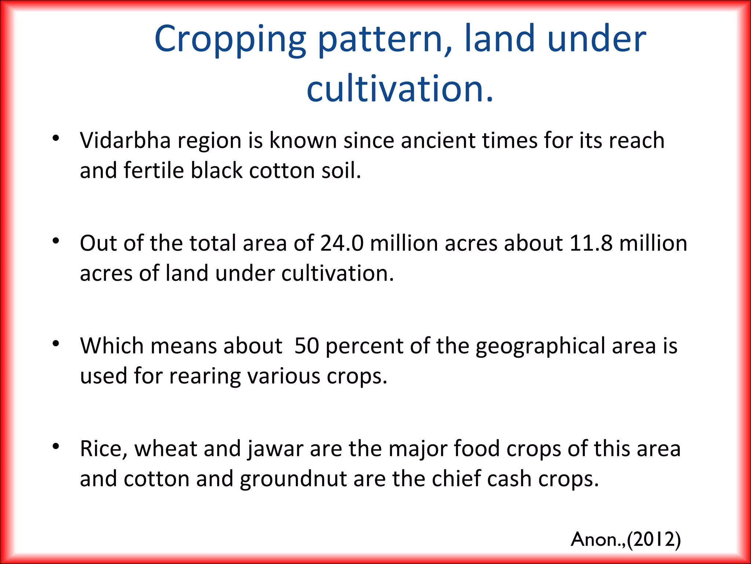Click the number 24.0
(342, 243)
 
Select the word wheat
(166, 449)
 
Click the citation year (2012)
(654, 539)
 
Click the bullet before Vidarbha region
(56, 138)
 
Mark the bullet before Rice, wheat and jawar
(56, 446)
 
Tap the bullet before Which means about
(56, 344)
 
